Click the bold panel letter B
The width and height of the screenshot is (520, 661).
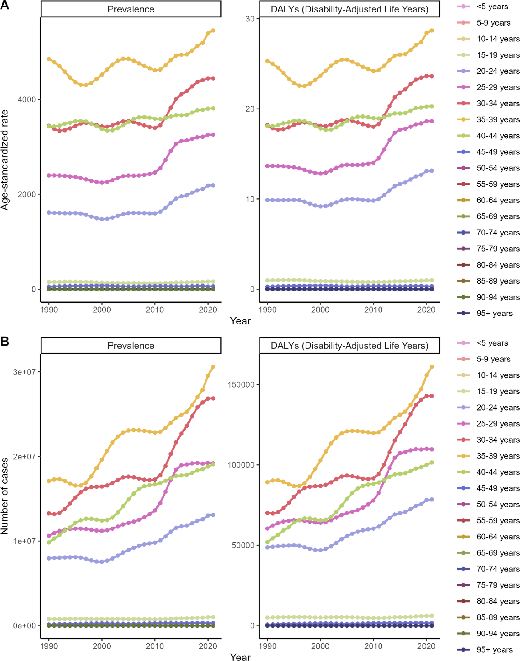pyautogui.click(x=5, y=341)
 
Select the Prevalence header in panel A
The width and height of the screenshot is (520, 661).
pyautogui.click(x=131, y=9)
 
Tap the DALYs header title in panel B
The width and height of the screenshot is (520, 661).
pyautogui.click(x=349, y=346)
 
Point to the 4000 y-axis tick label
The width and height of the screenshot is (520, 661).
pyautogui.click(x=26, y=100)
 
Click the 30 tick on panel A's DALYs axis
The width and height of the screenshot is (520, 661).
pyautogui.click(x=250, y=19)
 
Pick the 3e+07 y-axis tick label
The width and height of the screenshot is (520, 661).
pyautogui.click(x=24, y=372)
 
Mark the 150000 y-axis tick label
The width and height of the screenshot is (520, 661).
pyautogui.click(x=241, y=384)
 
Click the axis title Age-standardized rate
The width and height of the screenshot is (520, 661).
pyautogui.click(x=4, y=160)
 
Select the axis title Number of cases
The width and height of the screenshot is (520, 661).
pyautogui.click(x=4, y=496)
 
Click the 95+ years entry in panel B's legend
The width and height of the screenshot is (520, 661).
pyautogui.click(x=494, y=650)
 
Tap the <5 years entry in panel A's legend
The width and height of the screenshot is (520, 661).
pyautogui.click(x=492, y=7)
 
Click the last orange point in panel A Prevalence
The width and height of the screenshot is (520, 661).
pyautogui.click(x=213, y=30)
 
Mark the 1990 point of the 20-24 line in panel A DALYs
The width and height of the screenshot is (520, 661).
pyautogui.click(x=268, y=200)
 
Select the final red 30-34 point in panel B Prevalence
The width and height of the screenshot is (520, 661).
pyautogui.click(x=213, y=398)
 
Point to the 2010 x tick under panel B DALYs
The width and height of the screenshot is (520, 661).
pyautogui.click(x=373, y=646)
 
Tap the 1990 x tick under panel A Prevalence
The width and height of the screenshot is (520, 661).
pyautogui.click(x=49, y=310)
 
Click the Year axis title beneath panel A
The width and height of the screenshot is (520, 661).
pyautogui.click(x=240, y=321)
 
